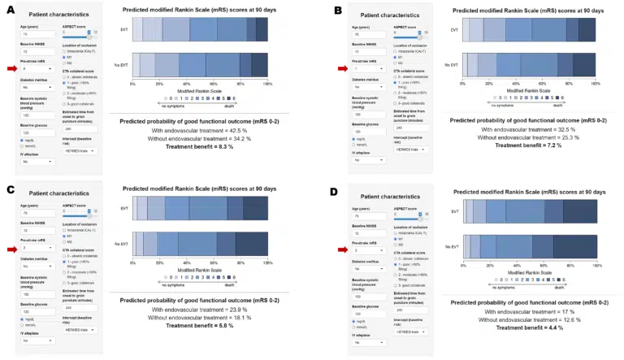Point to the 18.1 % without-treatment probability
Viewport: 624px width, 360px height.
(x=236, y=318)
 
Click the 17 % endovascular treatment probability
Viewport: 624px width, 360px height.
(x=565, y=311)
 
